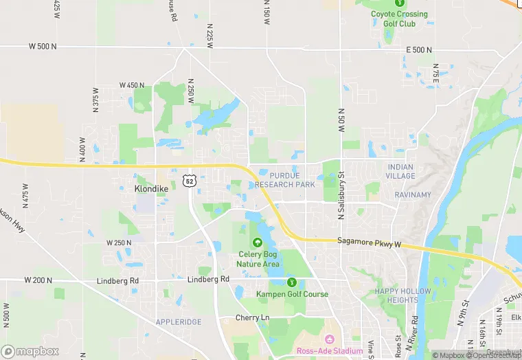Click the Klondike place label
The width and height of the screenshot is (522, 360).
click(151, 188)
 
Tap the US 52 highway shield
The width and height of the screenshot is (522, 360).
click(190, 180)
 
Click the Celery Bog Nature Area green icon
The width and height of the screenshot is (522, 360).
click(257, 242)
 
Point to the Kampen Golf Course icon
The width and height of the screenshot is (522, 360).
click(292, 282)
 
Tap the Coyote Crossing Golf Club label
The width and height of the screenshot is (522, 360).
click(399, 19)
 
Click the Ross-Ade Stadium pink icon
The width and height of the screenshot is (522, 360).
click(329, 339)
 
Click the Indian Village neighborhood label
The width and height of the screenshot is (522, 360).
click(400, 171)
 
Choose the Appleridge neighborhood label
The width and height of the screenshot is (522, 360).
click(179, 322)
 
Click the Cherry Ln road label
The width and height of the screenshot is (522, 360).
click(252, 318)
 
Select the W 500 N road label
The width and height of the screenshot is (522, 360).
click(42, 47)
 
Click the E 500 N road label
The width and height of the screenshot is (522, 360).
click(419, 50)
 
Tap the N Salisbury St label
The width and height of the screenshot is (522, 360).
click(340, 195)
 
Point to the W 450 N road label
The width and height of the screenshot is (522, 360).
click(132, 85)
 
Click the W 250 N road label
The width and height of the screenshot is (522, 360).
click(119, 243)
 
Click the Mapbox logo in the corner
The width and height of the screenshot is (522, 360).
click(30, 351)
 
